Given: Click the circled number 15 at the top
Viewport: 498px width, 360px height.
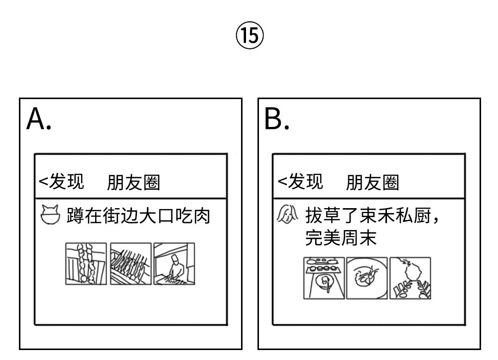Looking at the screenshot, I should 249,36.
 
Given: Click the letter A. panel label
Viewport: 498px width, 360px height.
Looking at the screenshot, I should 38,120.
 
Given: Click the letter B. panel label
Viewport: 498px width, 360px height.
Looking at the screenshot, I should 276,120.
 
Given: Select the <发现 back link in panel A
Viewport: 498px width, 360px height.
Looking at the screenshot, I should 61,181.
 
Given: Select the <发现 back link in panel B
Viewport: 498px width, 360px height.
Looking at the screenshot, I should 300,181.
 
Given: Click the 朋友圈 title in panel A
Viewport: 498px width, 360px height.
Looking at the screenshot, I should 133,183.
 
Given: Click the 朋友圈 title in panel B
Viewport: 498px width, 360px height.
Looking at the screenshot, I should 372,183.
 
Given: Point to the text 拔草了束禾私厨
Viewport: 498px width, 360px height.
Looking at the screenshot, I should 373,216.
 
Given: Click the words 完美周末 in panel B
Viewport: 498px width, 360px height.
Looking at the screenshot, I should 340,238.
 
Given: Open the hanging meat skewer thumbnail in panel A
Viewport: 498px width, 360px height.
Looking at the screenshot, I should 86,264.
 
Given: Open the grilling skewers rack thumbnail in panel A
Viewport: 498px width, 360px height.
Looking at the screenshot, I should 130,264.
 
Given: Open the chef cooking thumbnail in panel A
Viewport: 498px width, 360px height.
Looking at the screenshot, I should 174,264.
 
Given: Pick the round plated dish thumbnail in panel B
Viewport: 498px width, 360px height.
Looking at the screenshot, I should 367,278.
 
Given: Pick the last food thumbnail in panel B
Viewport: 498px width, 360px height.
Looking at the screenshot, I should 410,278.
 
